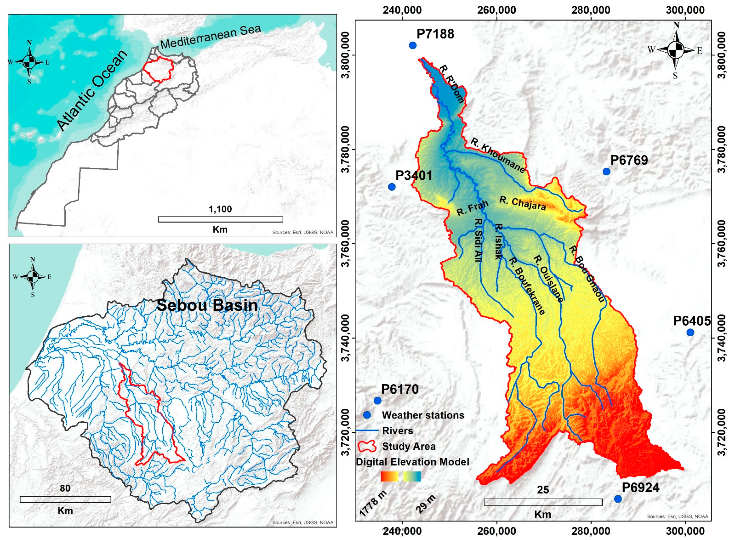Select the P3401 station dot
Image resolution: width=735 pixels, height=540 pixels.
(392, 187)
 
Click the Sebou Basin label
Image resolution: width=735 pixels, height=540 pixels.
(207, 305)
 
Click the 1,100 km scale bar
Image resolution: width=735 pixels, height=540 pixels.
(220, 219)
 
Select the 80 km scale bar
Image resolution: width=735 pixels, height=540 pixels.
(65, 500)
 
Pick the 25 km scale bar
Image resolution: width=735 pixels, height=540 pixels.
(543, 502)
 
